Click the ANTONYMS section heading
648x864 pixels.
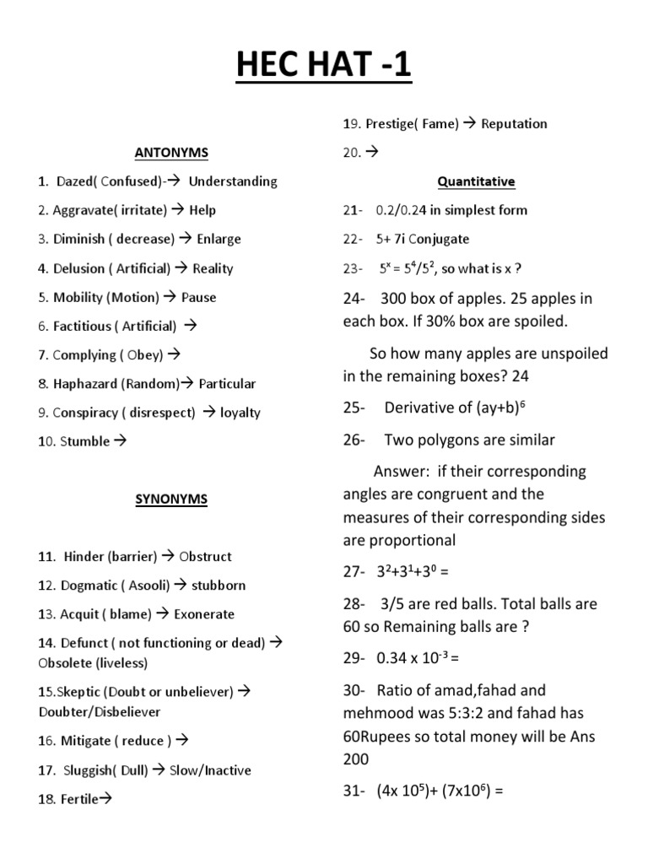171,153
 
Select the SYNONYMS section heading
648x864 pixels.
171,499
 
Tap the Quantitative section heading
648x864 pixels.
476,181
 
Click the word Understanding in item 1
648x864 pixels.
233,181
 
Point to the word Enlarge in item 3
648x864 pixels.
219,239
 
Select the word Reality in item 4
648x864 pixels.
213,268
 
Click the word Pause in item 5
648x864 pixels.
198,297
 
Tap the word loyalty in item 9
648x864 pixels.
240,413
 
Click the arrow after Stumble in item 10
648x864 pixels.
120,441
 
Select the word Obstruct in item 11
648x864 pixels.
206,557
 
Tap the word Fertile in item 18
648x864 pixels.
80,798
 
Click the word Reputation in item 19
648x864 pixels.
514,124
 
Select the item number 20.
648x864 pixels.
350,153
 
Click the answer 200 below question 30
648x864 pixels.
356,759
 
